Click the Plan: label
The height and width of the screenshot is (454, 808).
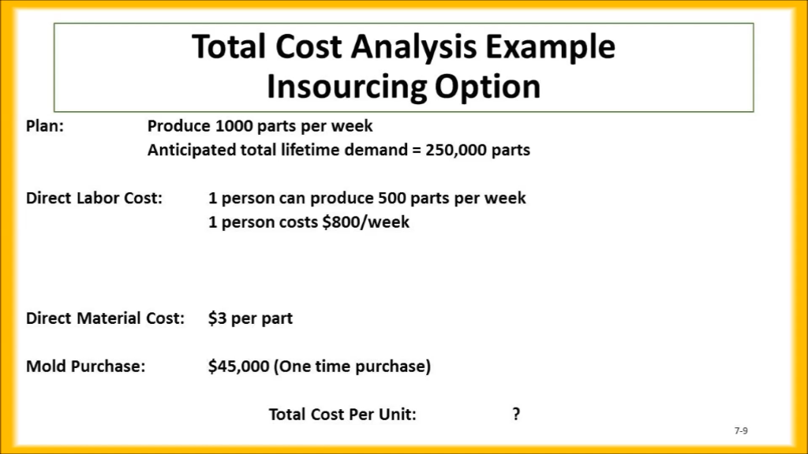[45, 126]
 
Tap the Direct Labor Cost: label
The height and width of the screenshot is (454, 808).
[94, 198]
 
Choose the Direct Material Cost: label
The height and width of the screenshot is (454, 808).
[105, 318]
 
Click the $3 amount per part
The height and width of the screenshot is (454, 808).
[217, 318]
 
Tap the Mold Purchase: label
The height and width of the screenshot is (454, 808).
[85, 367]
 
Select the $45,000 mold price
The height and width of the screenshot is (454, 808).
[238, 367]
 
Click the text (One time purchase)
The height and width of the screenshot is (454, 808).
[352, 367]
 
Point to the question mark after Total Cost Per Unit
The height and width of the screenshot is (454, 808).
[516, 414]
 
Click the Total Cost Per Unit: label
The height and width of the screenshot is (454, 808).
[342, 414]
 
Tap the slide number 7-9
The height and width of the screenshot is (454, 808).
[740, 430]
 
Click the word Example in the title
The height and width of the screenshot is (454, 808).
[550, 48]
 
